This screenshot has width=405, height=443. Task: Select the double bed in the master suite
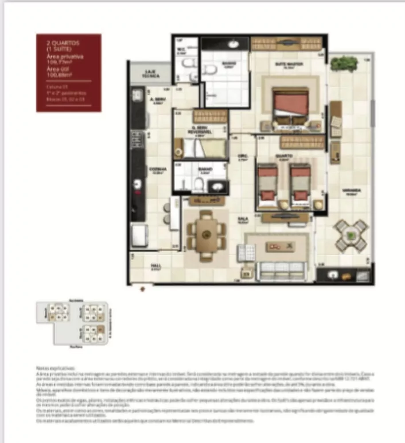click(x=290, y=108)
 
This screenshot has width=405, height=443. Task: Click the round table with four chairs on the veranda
click(x=351, y=234)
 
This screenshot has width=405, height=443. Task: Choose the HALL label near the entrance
click(x=155, y=267)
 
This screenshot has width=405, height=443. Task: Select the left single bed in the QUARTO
click(x=268, y=185)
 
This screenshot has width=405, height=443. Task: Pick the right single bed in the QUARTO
click(x=300, y=185)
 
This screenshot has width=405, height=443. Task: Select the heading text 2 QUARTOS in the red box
click(x=62, y=43)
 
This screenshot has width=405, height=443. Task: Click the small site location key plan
click(x=72, y=323)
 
